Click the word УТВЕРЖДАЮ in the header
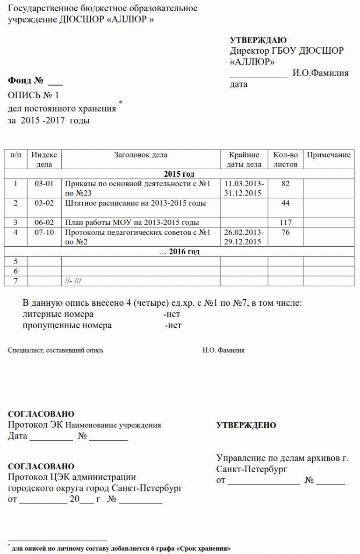(258, 41)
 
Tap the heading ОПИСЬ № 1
(34, 96)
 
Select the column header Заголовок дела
(140, 155)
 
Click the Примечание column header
(328, 155)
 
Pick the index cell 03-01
(44, 184)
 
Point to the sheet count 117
(285, 223)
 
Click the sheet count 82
(285, 184)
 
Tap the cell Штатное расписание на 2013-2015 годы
(135, 203)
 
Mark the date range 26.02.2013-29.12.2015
(244, 237)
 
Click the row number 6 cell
(15, 271)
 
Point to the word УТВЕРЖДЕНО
(246, 425)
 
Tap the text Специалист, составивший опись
(56, 350)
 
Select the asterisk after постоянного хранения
(121, 102)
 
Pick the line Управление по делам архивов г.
(282, 458)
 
